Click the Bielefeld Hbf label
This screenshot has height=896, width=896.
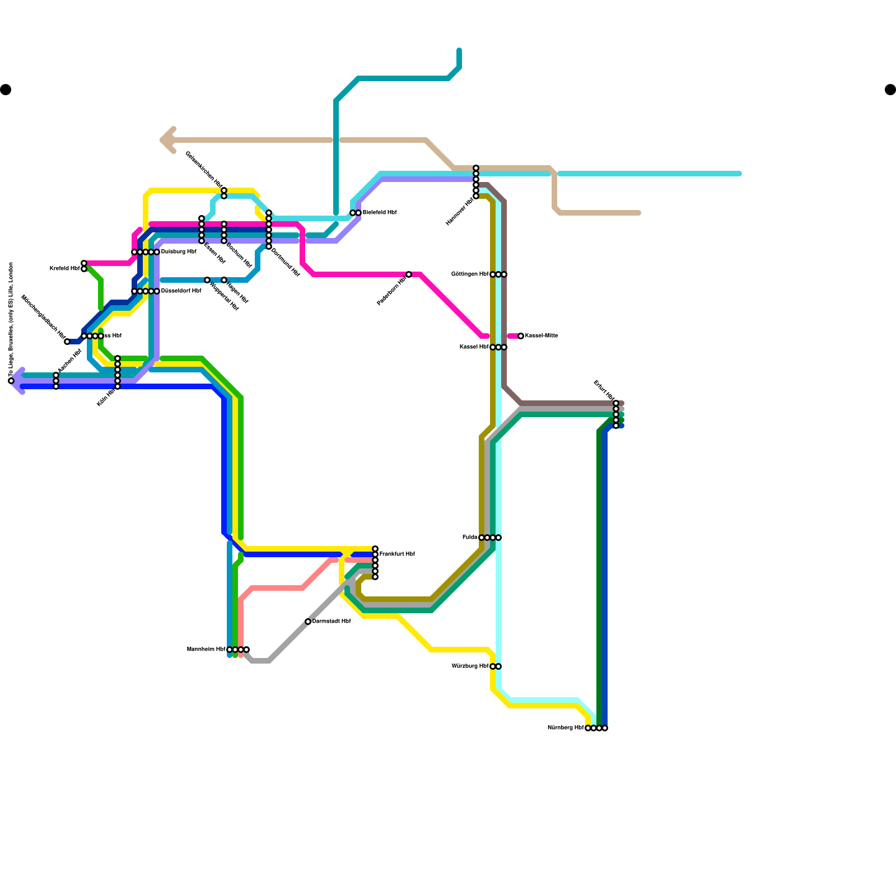pyautogui.click(x=379, y=213)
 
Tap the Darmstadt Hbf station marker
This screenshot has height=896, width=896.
pyautogui.click(x=308, y=622)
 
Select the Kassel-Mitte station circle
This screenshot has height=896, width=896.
pyautogui.click(x=521, y=336)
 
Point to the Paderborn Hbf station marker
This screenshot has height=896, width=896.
pyautogui.click(x=409, y=274)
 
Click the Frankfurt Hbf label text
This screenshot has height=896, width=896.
pyautogui.click(x=397, y=554)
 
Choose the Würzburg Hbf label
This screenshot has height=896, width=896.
pyautogui.click(x=470, y=666)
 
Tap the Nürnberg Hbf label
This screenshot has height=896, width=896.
pyautogui.click(x=565, y=728)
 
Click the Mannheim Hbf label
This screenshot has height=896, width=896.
pyautogui.click(x=206, y=650)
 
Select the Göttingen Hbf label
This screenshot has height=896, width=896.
pyautogui.click(x=470, y=274)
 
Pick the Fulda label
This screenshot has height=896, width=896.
pyautogui.click(x=469, y=538)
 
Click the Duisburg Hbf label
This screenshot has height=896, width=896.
pyautogui.click(x=179, y=252)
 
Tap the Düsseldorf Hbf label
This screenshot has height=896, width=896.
pyautogui.click(x=181, y=291)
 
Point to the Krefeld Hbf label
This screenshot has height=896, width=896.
pyautogui.click(x=65, y=269)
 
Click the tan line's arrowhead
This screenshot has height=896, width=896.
pyautogui.click(x=166, y=140)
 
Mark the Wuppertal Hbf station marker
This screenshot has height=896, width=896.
pyautogui.click(x=207, y=280)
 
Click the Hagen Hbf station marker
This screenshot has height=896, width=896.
pyautogui.click(x=224, y=280)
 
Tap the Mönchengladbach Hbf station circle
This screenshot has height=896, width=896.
pyautogui.click(x=67, y=342)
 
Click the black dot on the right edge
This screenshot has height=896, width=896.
pyautogui.click(x=890, y=90)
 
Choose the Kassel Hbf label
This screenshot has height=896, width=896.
pyautogui.click(x=474, y=347)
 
